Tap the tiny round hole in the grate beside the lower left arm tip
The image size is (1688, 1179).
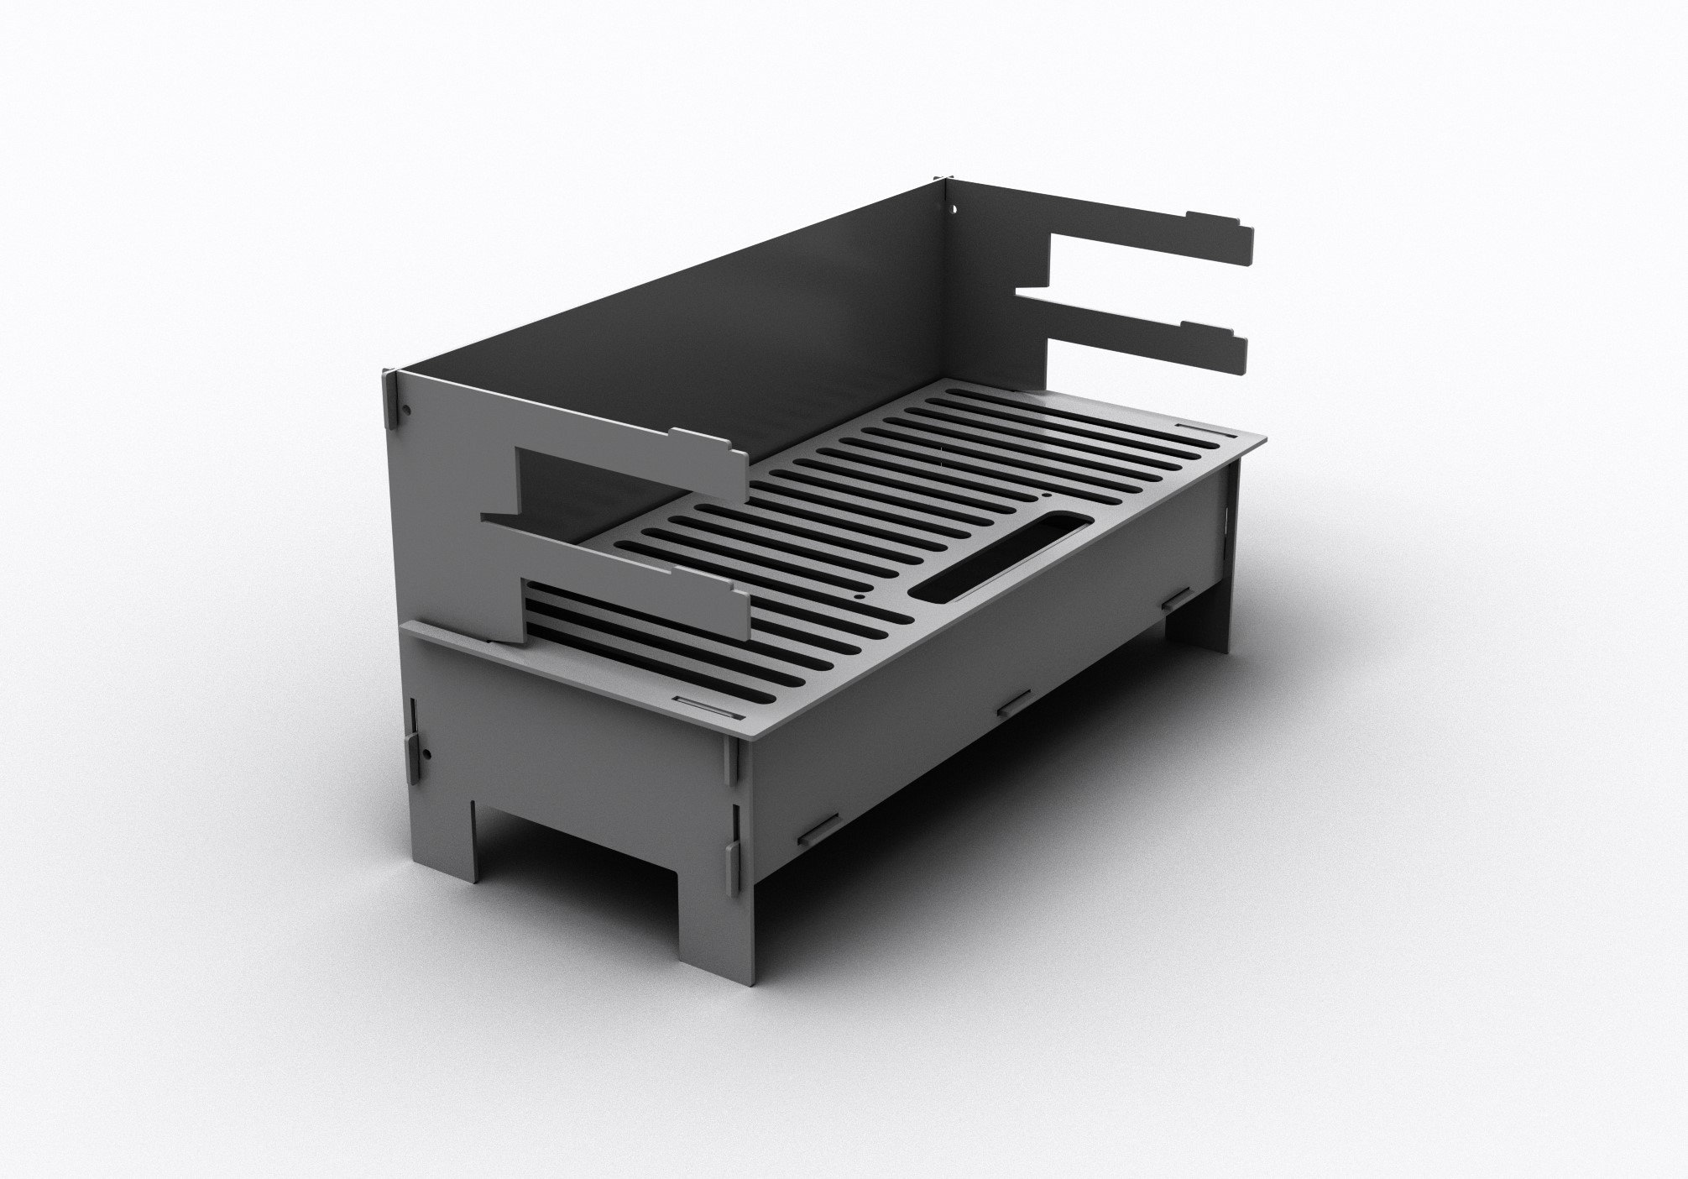point(856,596)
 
